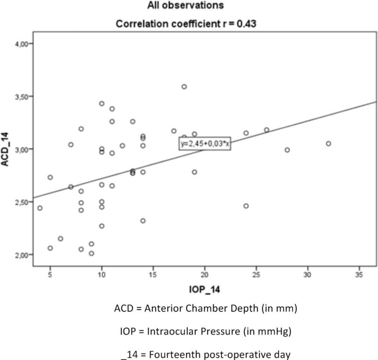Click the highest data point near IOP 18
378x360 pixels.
[x=184, y=86]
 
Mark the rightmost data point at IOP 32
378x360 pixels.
[x=328, y=144]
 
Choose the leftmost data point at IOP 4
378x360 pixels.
[x=40, y=208]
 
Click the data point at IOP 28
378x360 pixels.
[x=287, y=150]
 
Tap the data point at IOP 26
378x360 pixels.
[x=266, y=130]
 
